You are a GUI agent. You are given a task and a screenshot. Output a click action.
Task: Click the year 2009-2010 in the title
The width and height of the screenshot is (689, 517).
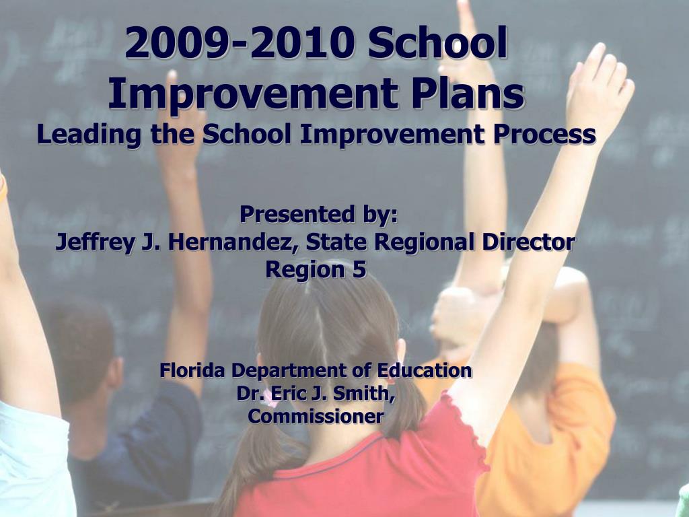click(240, 42)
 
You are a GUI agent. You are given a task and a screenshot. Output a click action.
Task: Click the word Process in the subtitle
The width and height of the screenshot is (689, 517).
click(544, 134)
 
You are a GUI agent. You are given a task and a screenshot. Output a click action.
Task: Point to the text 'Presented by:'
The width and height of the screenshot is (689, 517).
click(318, 215)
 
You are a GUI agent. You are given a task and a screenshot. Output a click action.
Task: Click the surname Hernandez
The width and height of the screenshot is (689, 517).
click(231, 242)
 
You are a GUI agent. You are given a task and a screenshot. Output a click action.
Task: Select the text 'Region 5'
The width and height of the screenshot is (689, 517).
click(316, 269)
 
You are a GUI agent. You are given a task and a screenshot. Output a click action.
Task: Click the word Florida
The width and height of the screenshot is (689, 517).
click(193, 370)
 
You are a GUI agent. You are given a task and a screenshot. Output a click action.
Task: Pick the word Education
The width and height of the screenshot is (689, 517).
click(425, 370)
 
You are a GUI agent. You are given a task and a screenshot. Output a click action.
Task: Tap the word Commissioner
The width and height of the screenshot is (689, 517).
click(316, 416)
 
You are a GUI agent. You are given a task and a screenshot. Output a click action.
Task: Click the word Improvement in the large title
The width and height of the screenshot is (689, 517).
click(254, 93)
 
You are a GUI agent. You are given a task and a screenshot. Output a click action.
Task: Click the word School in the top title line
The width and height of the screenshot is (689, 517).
click(438, 42)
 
